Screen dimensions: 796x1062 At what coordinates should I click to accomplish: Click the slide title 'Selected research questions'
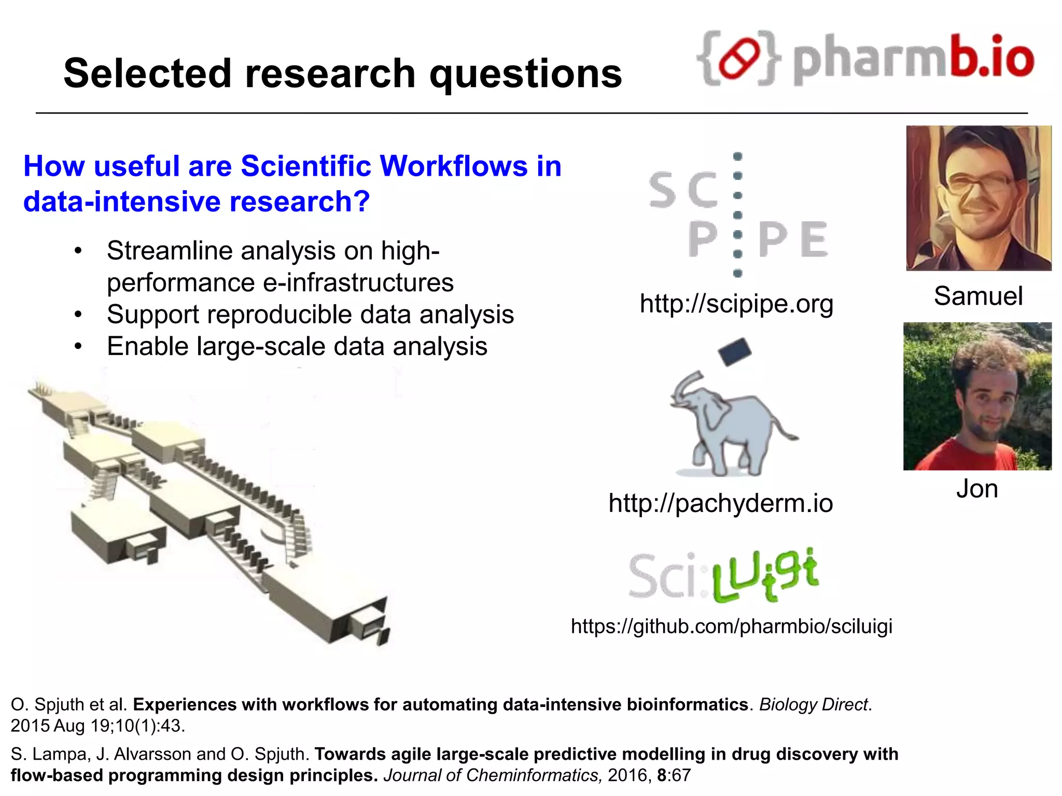click(x=342, y=74)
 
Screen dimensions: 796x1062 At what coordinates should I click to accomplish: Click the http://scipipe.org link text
click(x=736, y=304)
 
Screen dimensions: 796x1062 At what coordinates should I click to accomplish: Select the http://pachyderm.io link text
click(x=721, y=503)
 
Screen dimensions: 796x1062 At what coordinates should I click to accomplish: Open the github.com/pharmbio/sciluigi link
click(x=732, y=626)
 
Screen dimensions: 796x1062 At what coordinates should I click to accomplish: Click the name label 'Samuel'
click(x=978, y=296)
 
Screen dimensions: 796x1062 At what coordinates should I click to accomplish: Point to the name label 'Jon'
click(x=977, y=489)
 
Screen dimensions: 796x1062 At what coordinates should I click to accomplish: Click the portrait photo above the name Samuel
click(x=979, y=198)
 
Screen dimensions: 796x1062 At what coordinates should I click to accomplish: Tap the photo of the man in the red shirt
click(x=977, y=396)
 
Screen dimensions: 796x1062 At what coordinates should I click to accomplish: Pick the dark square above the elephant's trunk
click(x=734, y=352)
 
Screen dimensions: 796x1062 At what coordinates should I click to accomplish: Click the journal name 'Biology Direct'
click(x=813, y=705)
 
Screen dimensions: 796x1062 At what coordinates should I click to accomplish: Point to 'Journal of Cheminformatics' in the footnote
click(x=493, y=775)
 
